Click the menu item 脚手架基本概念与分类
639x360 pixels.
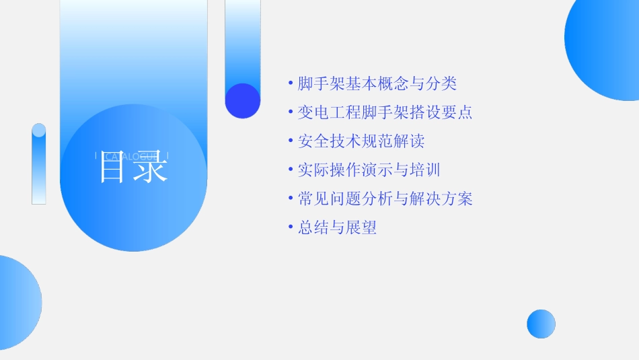tap(377, 83)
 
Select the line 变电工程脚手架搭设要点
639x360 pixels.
tap(385, 112)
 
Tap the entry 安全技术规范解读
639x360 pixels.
tap(361, 141)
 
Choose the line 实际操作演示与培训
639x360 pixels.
tap(369, 170)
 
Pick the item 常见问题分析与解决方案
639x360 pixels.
tap(385, 199)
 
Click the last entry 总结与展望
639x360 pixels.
tap(337, 228)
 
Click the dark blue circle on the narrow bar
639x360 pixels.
tap(242, 101)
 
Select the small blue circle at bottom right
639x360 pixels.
tap(541, 324)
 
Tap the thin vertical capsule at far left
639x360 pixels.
tap(39, 164)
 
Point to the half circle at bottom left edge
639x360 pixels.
tap(17, 303)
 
